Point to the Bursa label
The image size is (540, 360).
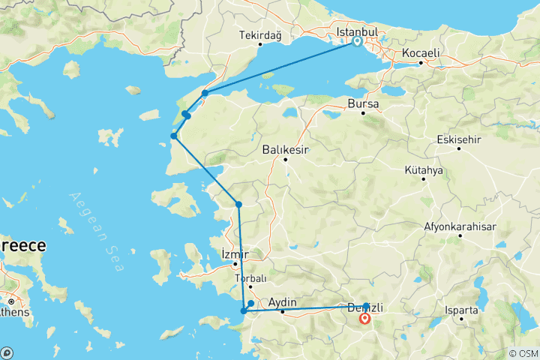[362, 103]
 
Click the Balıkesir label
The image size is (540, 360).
[286, 150]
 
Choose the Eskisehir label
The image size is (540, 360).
[462, 139]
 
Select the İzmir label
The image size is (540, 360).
[235, 254]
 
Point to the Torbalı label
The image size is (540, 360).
[250, 278]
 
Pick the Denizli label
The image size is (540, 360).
[366, 307]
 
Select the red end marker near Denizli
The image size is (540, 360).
[364, 318]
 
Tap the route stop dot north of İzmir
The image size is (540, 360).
[238, 204]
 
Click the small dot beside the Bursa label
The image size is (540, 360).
[363, 113]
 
